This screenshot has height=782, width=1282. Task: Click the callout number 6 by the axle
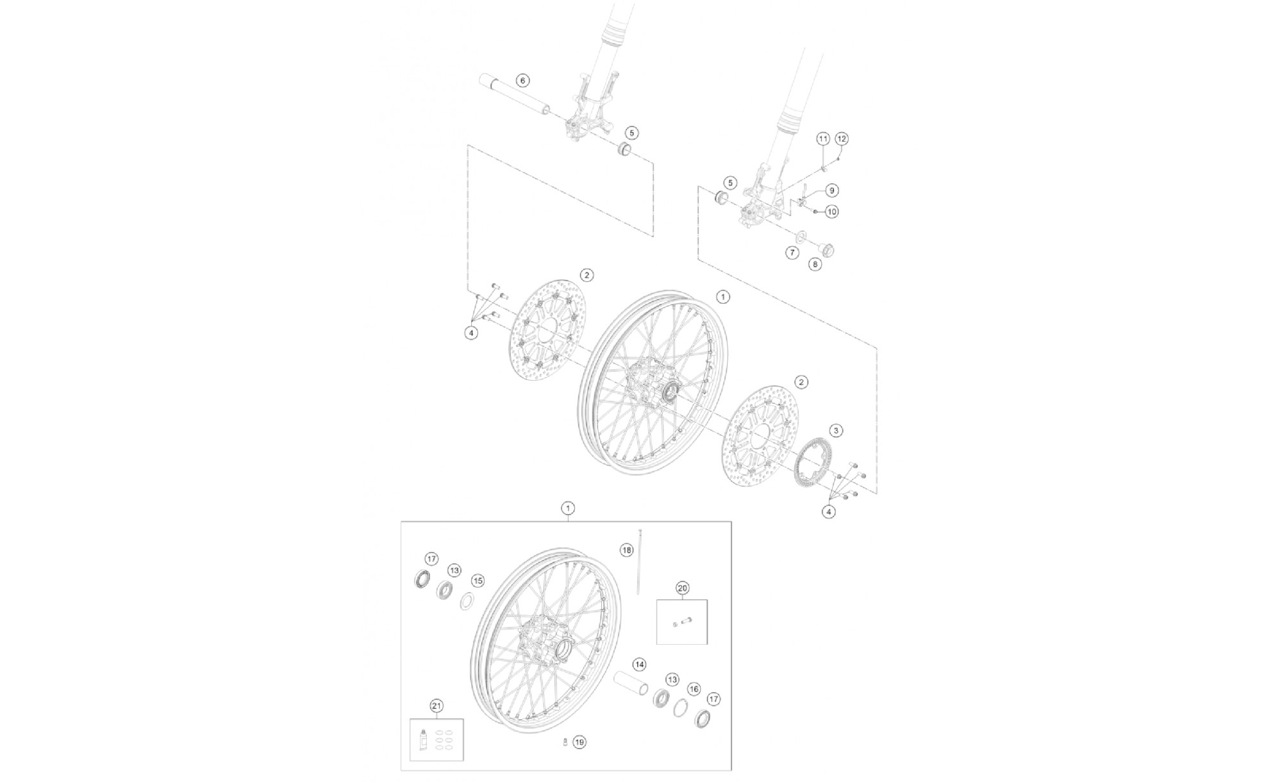[x=522, y=80]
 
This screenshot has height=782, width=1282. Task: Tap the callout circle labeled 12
[x=842, y=138]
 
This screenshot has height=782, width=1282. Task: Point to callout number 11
[x=823, y=139]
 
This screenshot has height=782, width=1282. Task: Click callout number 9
[x=831, y=190]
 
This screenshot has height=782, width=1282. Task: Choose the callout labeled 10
[x=831, y=212]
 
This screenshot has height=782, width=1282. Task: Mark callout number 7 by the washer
[x=792, y=253]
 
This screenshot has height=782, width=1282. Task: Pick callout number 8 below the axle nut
[x=815, y=263]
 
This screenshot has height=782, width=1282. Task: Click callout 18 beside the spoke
[x=626, y=550]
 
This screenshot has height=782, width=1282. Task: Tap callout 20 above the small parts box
[x=682, y=588]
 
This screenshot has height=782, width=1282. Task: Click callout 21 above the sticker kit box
[x=437, y=706]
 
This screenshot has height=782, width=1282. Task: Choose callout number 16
[x=694, y=689]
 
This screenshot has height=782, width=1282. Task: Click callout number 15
[x=477, y=581]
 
